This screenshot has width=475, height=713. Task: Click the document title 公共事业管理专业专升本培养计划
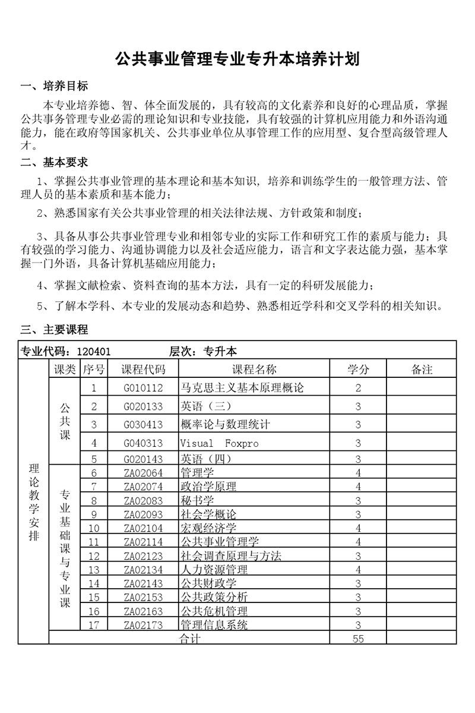[x=237, y=59]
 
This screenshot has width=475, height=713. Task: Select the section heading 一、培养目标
[x=54, y=87]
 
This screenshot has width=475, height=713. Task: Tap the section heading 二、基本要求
[x=54, y=162]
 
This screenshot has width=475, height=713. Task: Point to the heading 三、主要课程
[x=54, y=329]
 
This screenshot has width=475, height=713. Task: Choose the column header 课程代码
[x=143, y=370]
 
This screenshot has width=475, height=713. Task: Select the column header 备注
[x=422, y=370]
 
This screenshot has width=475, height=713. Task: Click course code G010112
[x=143, y=388]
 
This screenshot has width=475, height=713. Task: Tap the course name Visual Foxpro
[x=219, y=443]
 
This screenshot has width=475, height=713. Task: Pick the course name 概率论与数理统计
[x=225, y=424]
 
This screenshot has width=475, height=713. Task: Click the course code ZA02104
[x=143, y=528]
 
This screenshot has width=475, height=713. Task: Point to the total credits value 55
[x=358, y=639]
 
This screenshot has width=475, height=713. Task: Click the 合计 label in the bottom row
[x=190, y=639]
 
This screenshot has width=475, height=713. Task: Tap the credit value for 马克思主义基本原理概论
[x=358, y=388]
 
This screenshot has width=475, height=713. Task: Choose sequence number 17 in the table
[x=94, y=624]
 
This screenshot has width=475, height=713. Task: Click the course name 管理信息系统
[x=214, y=624]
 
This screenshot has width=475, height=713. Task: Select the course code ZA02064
[x=143, y=473]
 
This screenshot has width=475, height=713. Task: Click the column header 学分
[x=358, y=370]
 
